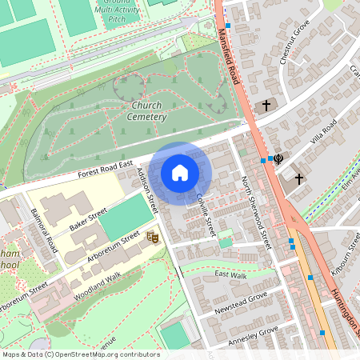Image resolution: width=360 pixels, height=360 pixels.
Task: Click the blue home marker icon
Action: click(180, 173)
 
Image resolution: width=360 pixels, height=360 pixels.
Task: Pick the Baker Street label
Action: click(88, 219)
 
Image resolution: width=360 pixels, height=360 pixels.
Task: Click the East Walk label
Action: click(230, 275)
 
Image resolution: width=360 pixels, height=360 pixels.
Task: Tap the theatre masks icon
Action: click(150, 236)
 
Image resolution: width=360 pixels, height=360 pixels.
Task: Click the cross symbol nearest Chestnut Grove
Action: click(266, 105)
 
